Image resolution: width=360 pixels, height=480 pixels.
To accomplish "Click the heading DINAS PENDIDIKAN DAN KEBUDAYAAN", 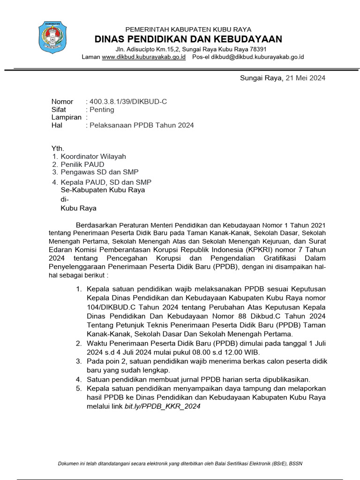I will pyautogui.click(x=188, y=38).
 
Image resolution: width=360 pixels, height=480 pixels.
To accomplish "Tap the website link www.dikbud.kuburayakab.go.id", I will pyautogui.click(x=143, y=57).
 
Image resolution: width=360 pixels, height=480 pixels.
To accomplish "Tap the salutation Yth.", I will pyautogui.click(x=57, y=149).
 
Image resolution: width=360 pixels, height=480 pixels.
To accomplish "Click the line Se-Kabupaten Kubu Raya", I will pyautogui.click(x=103, y=190).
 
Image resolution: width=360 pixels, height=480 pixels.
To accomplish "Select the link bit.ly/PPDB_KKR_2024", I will pyautogui.click(x=162, y=406).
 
